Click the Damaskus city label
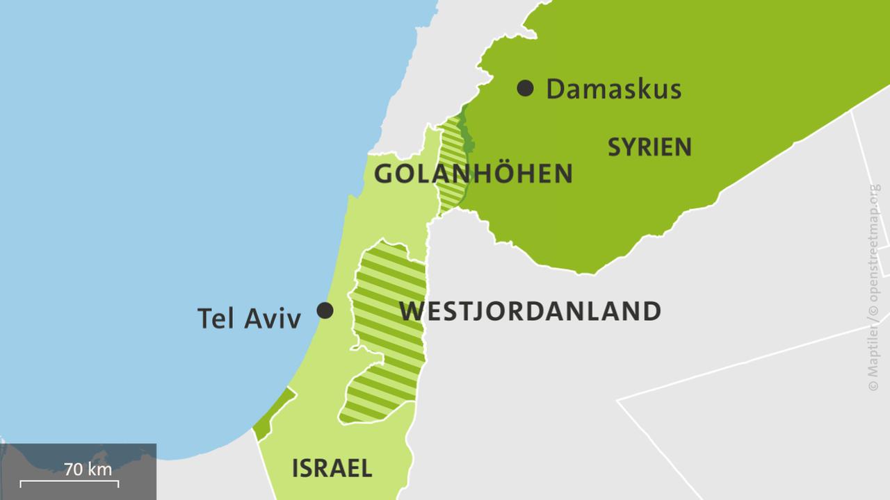point(613,89)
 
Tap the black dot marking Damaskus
point(526,88)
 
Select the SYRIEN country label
point(649,147)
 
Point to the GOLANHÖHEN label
point(473,174)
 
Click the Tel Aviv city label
point(249,318)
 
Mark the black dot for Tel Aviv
point(325,310)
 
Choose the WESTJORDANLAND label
point(530,311)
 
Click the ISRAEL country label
point(332,468)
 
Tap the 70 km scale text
point(88,469)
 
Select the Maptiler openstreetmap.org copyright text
point(873,287)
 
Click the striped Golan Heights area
point(451,167)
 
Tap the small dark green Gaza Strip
point(273,414)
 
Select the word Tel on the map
point(216,318)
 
